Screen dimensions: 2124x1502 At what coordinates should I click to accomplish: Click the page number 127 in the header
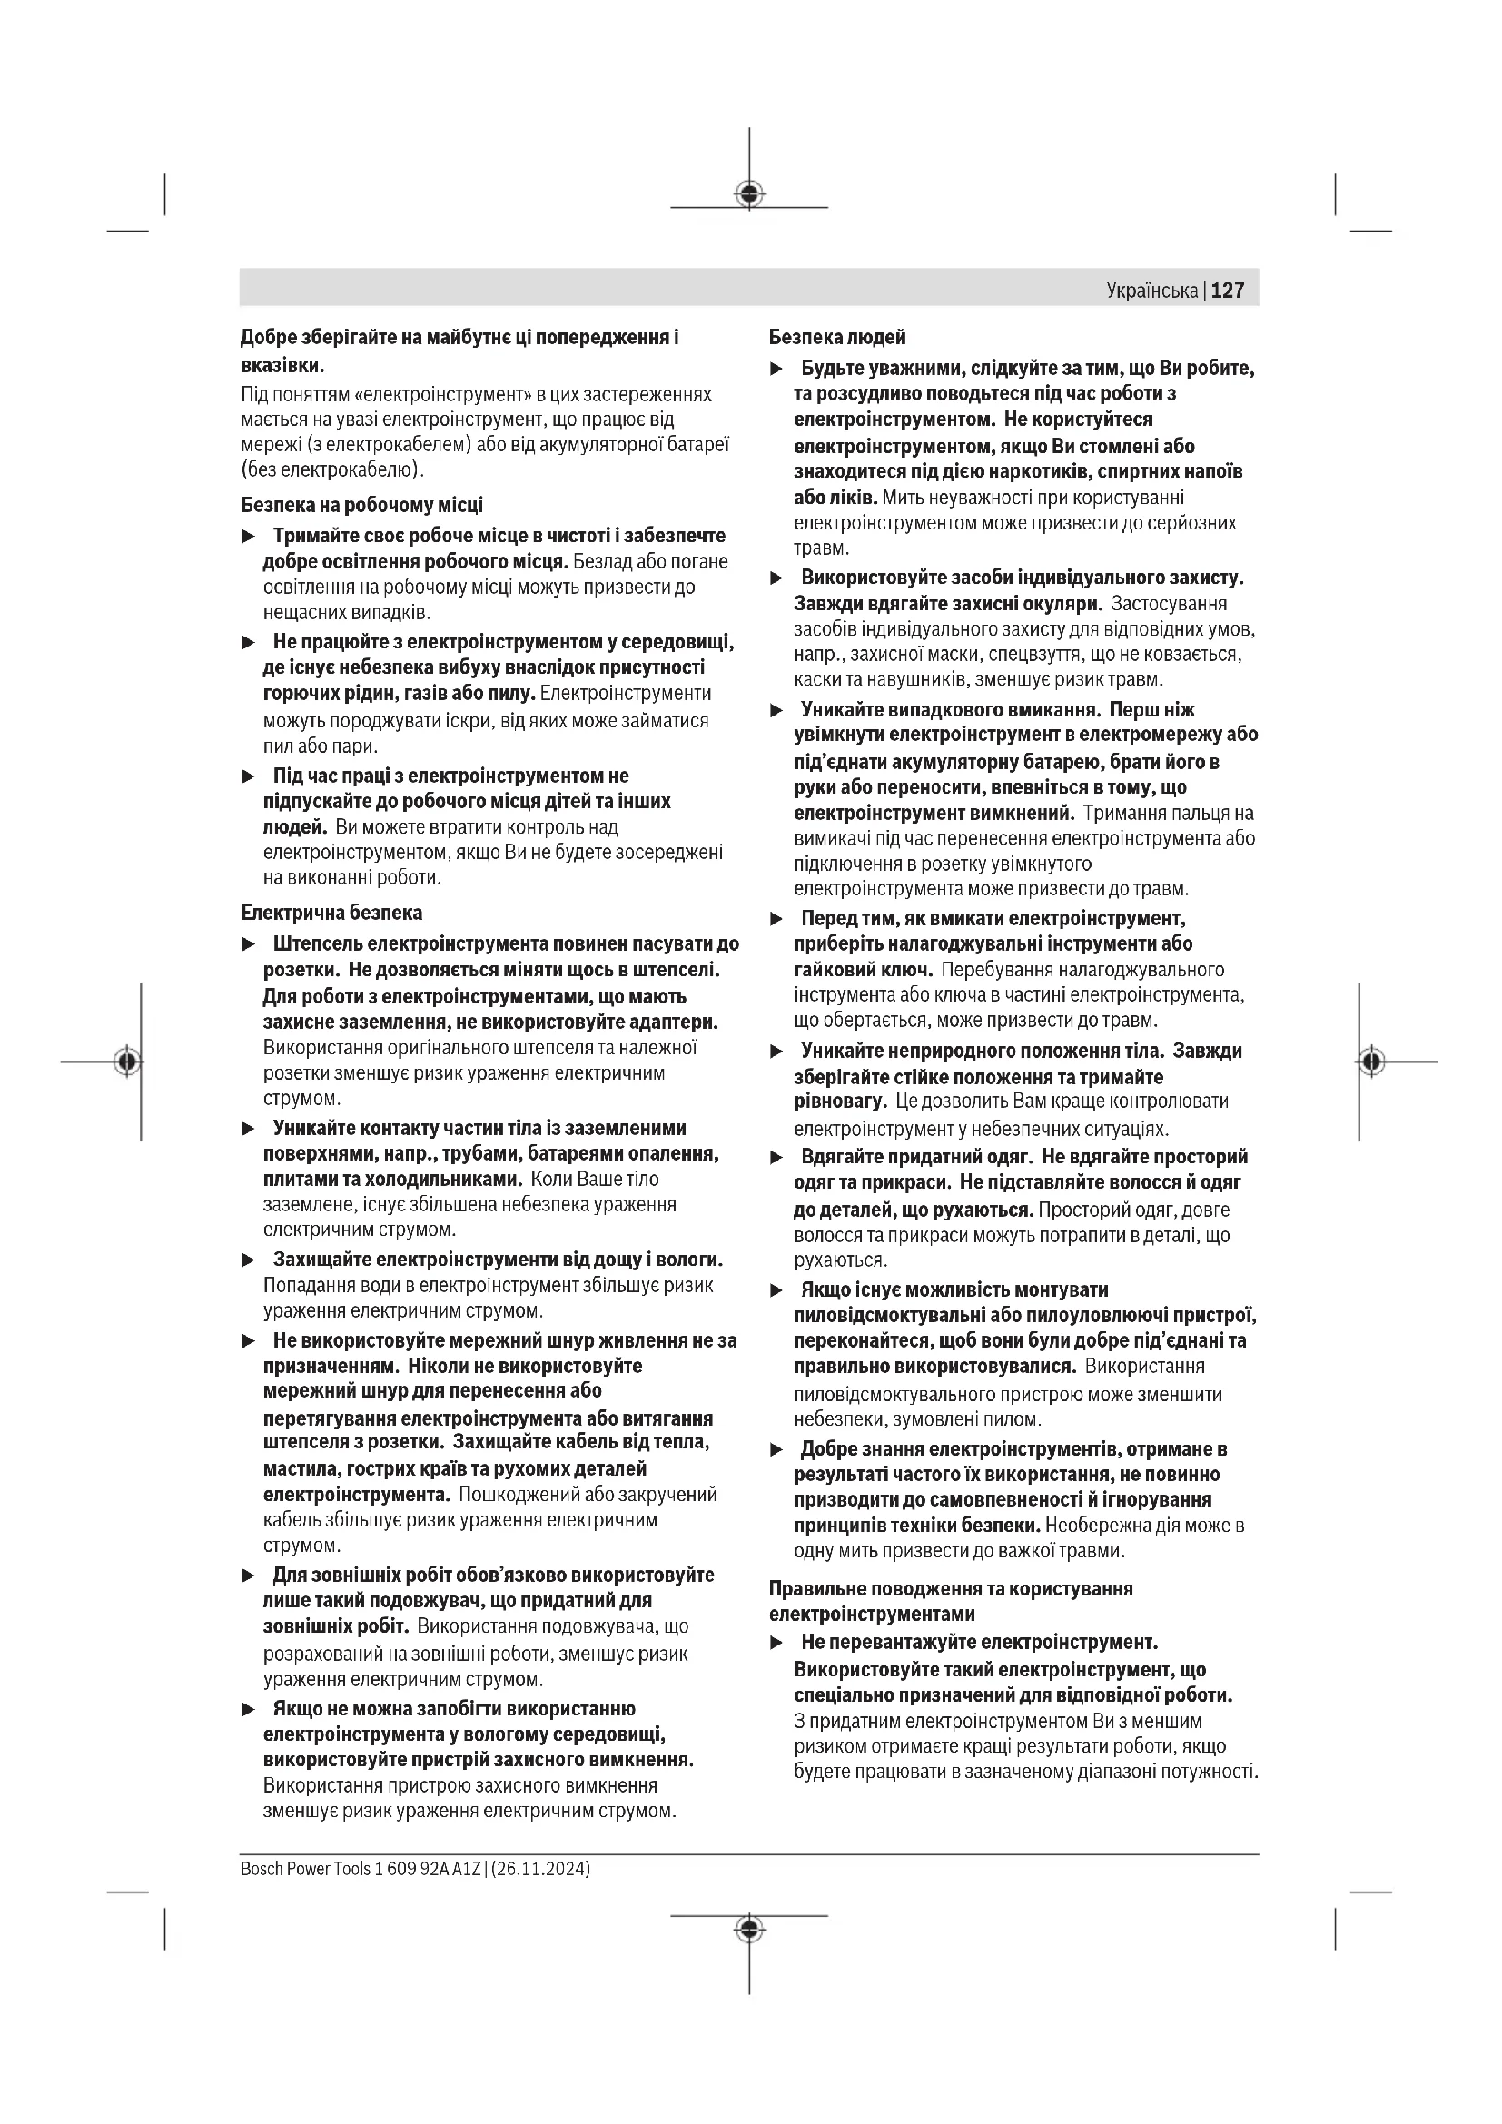coord(1228,291)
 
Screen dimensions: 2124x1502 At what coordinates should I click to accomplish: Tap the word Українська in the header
coord(1151,291)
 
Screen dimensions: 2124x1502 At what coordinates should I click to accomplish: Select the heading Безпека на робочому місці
coord(361,505)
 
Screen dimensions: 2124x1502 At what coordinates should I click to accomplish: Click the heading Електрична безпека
coord(331,913)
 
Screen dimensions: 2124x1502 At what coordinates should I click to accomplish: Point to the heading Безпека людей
coord(837,338)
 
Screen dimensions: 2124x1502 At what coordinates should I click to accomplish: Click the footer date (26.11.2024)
coord(541,1868)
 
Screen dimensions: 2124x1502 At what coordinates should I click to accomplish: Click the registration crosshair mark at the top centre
coord(749,194)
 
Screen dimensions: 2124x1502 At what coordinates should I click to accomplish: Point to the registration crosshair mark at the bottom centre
coord(749,1929)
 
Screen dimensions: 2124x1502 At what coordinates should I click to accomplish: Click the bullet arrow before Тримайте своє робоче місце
coord(248,537)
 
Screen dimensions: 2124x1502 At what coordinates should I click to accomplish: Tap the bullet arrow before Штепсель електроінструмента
coord(248,944)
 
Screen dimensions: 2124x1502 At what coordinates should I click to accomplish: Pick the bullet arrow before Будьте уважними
coord(777,369)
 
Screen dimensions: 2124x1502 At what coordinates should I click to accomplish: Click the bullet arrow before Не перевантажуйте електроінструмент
coord(777,1643)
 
